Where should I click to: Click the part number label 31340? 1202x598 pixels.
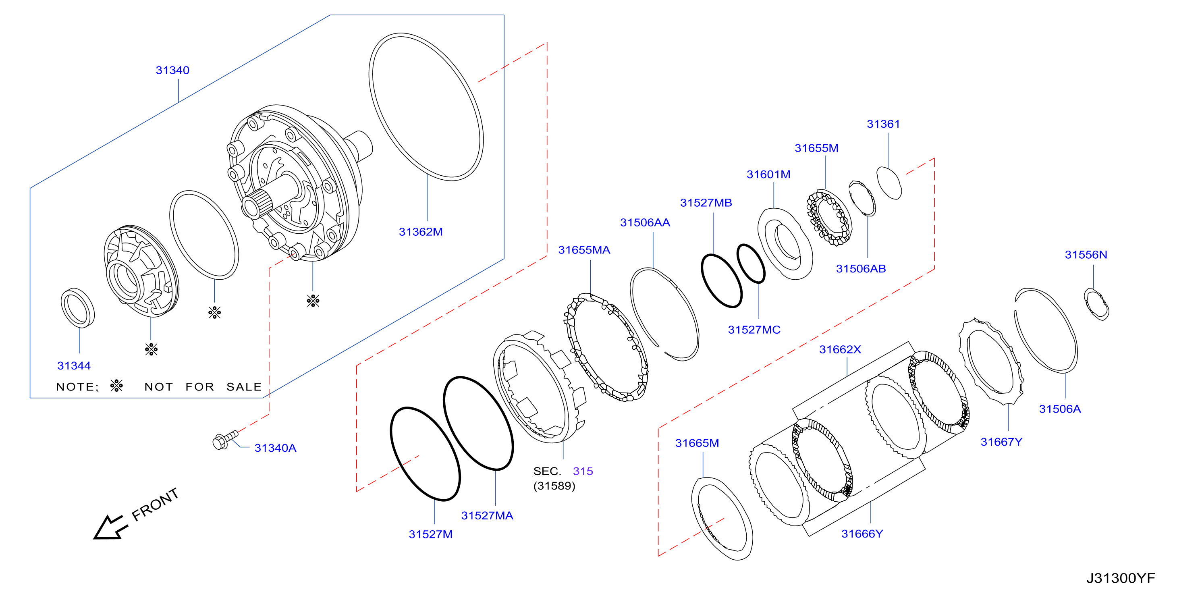point(172,71)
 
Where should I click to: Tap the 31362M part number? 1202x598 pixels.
point(420,232)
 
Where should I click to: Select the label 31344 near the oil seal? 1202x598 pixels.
point(74,366)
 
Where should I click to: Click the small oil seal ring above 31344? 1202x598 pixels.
point(77,308)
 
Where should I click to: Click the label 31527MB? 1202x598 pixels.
point(706,203)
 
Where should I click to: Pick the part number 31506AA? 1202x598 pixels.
point(645,222)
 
